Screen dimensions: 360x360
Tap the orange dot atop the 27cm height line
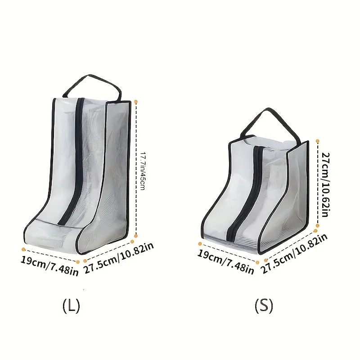(x=318, y=140)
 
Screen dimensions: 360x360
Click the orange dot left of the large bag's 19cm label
(x=22, y=247)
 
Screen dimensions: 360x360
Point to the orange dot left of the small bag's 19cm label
(x=199, y=244)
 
